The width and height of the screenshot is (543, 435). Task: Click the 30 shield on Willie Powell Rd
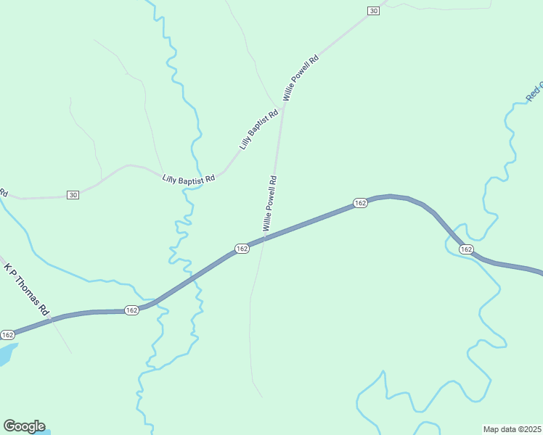[x=373, y=10]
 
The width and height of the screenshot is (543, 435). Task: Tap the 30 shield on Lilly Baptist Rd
[x=73, y=195]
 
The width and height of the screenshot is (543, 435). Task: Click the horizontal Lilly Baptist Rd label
[x=189, y=178]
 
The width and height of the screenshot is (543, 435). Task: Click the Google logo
[x=24, y=426]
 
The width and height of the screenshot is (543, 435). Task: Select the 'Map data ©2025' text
[x=512, y=429]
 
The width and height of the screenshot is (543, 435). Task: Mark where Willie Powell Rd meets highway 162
[x=265, y=237]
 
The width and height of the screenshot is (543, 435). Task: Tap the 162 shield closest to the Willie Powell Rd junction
[x=242, y=249]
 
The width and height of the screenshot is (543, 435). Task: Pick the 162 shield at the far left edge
[x=7, y=334]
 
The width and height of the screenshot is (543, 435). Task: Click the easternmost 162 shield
[x=466, y=249]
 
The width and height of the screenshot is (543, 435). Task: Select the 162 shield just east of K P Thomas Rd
[x=131, y=310]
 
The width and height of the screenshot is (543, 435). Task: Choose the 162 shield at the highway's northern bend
[x=360, y=203]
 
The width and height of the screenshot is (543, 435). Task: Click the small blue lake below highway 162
[x=6, y=355]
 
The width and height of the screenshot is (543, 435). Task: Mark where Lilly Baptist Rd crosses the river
[x=193, y=186]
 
